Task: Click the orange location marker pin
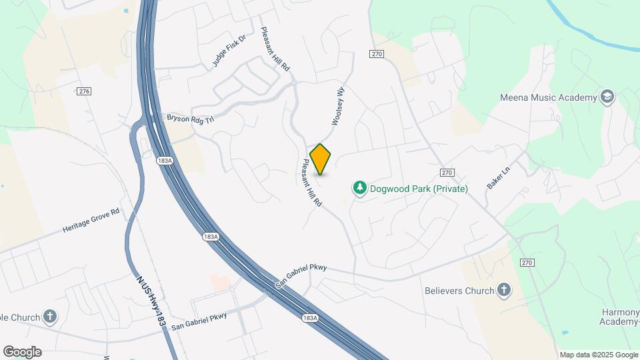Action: (x=321, y=159)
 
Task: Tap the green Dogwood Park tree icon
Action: (x=360, y=188)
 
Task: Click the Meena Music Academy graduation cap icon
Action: (x=607, y=97)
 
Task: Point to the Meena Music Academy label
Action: (x=548, y=98)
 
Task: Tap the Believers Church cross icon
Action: (x=504, y=290)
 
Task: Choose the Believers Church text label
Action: (x=459, y=291)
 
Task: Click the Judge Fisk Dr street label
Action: (x=229, y=51)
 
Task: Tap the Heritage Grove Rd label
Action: (x=91, y=220)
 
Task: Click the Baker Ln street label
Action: (x=497, y=178)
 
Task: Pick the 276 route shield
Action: (x=83, y=91)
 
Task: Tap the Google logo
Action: (x=22, y=352)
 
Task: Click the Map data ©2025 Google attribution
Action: (x=599, y=355)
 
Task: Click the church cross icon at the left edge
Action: (x=50, y=315)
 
